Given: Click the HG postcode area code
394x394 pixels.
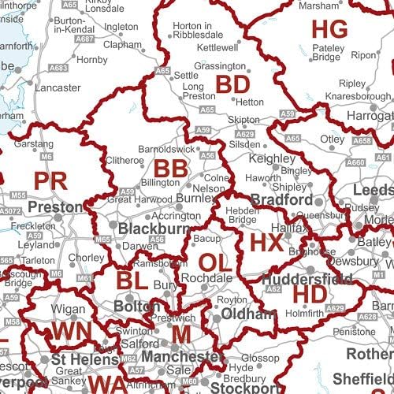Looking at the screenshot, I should coord(329,30).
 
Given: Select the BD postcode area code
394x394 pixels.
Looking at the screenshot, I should coord(233,84).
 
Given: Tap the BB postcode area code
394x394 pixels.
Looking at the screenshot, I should coord(171,169).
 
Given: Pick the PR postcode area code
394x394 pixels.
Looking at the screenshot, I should coord(51,180).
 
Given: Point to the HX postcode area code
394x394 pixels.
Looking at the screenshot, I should coord(266,242).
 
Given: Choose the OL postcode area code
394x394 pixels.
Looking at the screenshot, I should coord(215,262).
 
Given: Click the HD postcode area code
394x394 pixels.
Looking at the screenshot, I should coord(309,293).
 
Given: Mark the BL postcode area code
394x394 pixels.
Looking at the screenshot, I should coord(133,280).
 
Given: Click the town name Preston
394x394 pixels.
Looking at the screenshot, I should coord(55,208).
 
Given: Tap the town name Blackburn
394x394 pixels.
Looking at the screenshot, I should coord(154,229).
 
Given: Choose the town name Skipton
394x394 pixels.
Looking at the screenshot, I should coord(243,119).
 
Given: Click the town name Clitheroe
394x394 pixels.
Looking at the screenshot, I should coord(125,160).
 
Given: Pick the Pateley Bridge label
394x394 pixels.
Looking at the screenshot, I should coord(325,52).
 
